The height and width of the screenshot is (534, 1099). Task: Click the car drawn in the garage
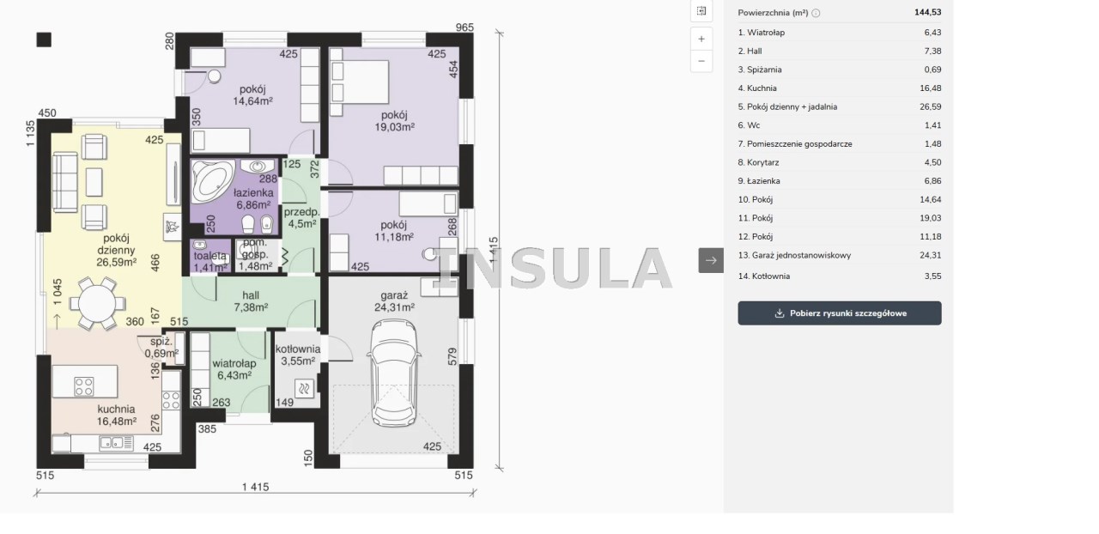pyautogui.click(x=393, y=373)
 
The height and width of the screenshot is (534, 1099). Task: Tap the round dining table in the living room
pyautogui.click(x=97, y=303)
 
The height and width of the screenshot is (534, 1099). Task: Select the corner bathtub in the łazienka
pyautogui.click(x=212, y=180)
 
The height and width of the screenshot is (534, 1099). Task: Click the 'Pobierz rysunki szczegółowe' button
pyautogui.click(x=840, y=313)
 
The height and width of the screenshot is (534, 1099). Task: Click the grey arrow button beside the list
pyautogui.click(x=711, y=260)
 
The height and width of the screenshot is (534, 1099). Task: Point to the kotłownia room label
pyautogui.click(x=298, y=349)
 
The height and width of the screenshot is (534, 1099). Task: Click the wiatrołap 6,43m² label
pyautogui.click(x=234, y=369)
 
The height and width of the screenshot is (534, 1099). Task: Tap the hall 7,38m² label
pyautogui.click(x=251, y=301)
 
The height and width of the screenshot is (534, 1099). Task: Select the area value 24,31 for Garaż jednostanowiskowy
pyautogui.click(x=930, y=255)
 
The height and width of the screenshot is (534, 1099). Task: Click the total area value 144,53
pyautogui.click(x=928, y=12)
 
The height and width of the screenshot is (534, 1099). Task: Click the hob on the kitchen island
pyautogui.click(x=84, y=386)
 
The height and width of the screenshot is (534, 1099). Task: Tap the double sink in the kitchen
pyautogui.click(x=112, y=443)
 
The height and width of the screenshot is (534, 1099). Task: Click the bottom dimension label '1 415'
pyautogui.click(x=256, y=487)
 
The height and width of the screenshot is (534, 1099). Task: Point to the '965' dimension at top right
pyautogui.click(x=464, y=27)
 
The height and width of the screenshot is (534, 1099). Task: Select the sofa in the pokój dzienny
pyautogui.click(x=64, y=182)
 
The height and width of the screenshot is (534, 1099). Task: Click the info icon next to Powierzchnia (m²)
pyautogui.click(x=816, y=13)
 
